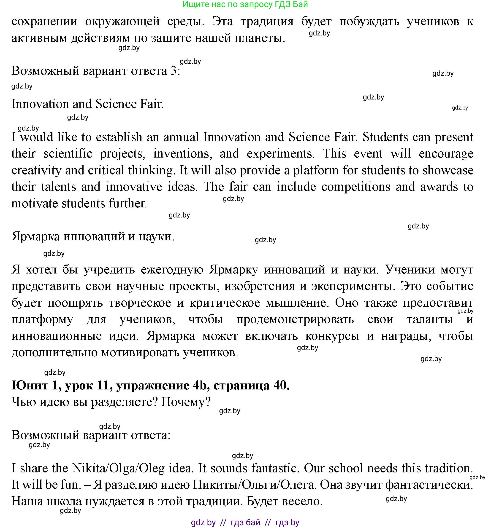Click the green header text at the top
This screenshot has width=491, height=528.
pos(245,4)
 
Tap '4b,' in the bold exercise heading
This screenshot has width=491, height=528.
pos(201,385)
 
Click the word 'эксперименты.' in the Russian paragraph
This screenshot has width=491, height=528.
pos(352,286)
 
